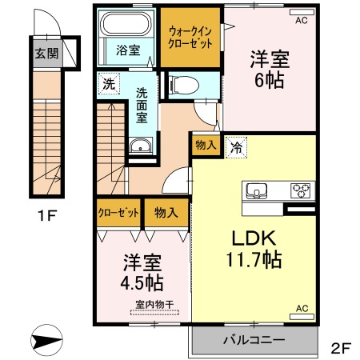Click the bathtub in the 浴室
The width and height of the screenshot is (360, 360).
[127, 23]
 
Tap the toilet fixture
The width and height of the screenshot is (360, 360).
[184, 86]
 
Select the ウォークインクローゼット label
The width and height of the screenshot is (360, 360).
[190, 38]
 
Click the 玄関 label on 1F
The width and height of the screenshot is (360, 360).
[46, 54]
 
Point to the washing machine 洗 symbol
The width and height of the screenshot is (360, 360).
[109, 84]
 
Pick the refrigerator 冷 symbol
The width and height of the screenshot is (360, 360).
[236, 147]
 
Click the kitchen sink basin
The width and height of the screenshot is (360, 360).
[257, 191]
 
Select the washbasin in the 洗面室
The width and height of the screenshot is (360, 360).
[141, 146]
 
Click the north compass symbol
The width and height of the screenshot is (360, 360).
[46, 340]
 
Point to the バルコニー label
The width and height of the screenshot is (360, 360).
[254, 340]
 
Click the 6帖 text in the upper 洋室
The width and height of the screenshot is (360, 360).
[269, 81]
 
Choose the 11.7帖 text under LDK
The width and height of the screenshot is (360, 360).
[254, 259]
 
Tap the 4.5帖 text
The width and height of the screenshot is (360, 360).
[142, 283]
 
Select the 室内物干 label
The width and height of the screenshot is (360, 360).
[154, 304]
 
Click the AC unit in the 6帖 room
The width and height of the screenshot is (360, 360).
[302, 12]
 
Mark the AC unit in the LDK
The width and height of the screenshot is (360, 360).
[302, 317]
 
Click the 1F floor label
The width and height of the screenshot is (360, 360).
[48, 215]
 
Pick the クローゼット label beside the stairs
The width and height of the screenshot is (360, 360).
[118, 213]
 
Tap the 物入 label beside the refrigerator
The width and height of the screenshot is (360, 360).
[206, 145]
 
